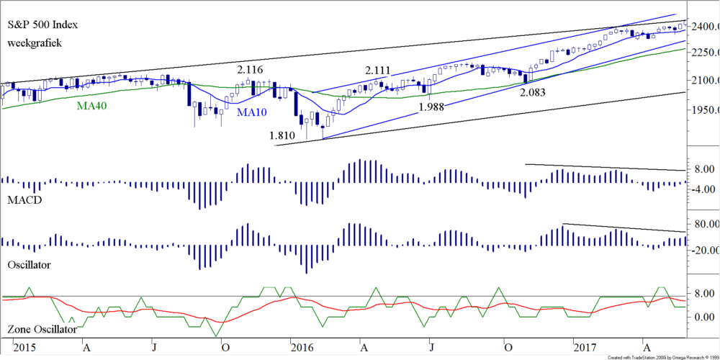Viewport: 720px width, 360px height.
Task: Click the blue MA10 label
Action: coord(256,113)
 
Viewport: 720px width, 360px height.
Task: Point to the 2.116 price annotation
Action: coord(251,70)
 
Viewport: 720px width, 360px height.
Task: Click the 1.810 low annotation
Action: coord(282,135)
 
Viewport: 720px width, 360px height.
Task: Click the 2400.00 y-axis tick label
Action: coord(703,27)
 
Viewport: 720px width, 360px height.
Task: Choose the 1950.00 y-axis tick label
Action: coord(703,110)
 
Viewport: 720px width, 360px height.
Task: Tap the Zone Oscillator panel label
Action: coord(42,330)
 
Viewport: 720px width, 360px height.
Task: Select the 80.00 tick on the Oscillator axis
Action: coord(703,225)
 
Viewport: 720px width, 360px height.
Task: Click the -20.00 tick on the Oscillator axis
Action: coord(703,250)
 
